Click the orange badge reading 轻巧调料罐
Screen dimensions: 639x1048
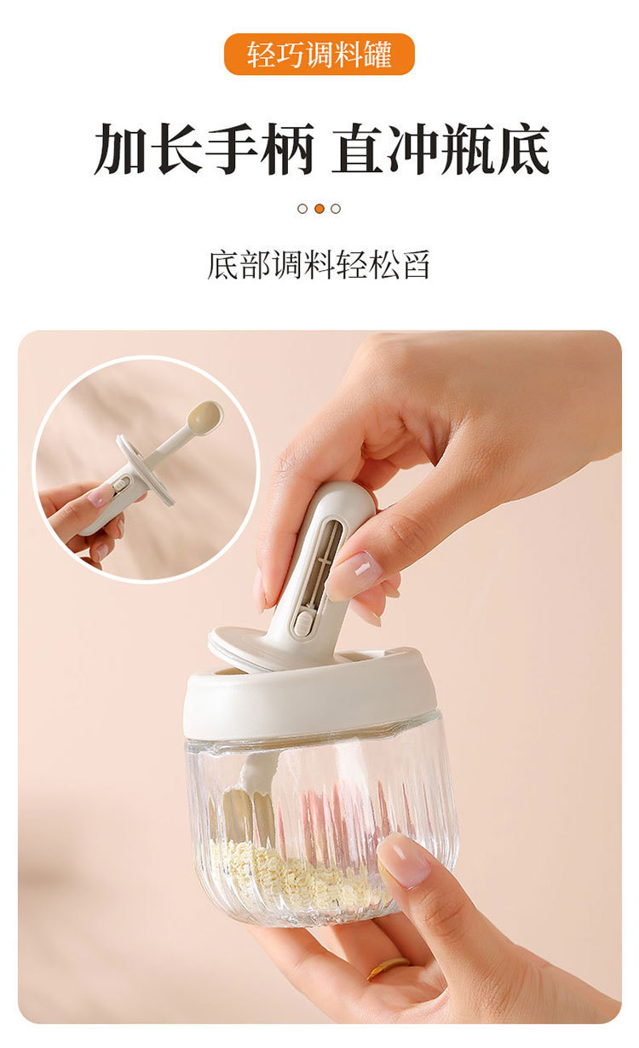pyautogui.click(x=319, y=55)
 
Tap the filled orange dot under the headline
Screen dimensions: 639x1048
pyautogui.click(x=319, y=209)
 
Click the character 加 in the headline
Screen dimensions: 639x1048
pyautogui.click(x=121, y=149)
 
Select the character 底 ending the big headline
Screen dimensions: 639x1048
pyautogui.click(x=523, y=149)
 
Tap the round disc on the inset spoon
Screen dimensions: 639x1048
pyautogui.click(x=146, y=469)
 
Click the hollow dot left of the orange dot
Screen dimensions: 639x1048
pyautogui.click(x=302, y=209)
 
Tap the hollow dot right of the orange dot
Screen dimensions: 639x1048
pyautogui.click(x=336, y=209)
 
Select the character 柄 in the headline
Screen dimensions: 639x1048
pyautogui.click(x=286, y=149)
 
